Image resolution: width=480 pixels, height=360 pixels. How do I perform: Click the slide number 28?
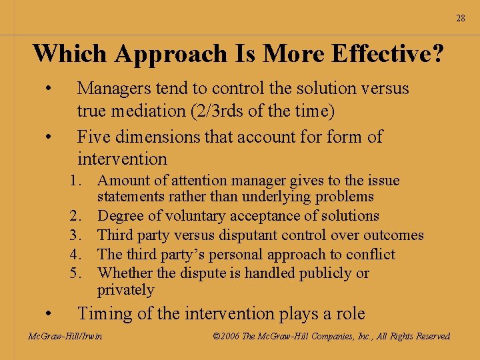461,18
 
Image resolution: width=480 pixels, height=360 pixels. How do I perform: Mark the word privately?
125,290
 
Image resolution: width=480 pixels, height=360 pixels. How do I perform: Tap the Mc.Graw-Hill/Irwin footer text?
65,337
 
